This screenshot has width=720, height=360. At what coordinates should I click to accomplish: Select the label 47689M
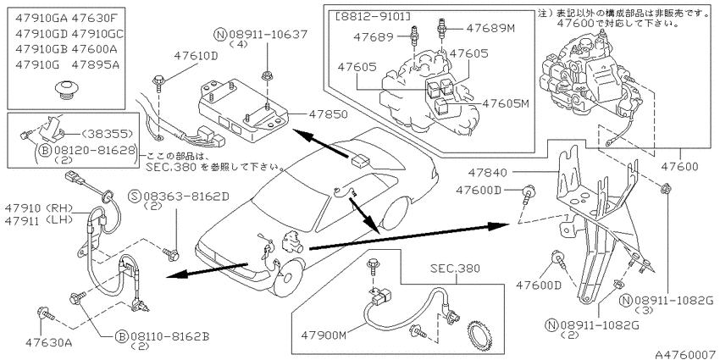[490, 28]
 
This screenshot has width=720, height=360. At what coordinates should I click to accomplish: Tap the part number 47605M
[505, 104]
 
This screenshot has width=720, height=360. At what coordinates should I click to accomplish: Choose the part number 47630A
[48, 342]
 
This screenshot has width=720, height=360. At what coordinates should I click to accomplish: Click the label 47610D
[195, 56]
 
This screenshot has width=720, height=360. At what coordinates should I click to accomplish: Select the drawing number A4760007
[686, 354]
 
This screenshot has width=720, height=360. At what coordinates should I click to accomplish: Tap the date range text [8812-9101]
[373, 17]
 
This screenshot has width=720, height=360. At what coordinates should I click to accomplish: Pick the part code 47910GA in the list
[42, 19]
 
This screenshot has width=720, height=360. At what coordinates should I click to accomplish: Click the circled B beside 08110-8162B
[121, 336]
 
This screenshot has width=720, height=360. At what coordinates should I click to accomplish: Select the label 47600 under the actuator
[680, 167]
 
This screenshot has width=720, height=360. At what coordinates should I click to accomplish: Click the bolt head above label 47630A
[40, 313]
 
